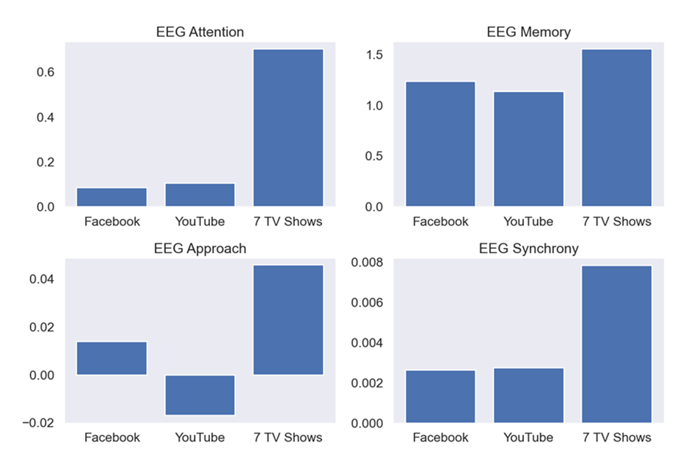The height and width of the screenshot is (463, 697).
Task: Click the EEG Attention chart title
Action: point(200,32)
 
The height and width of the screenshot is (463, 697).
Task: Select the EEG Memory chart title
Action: point(528,32)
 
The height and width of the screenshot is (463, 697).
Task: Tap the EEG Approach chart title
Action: point(200,249)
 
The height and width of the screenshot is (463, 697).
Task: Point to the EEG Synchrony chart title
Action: point(528,249)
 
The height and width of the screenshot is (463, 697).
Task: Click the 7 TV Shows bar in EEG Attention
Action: point(288,128)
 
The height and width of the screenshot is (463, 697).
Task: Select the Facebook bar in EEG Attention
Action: point(112,197)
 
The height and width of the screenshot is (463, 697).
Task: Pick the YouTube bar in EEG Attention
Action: point(200,195)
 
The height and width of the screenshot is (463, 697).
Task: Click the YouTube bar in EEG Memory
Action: point(528,149)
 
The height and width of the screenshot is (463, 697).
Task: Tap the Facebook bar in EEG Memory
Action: point(440,144)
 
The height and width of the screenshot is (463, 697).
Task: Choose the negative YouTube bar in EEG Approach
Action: point(200,395)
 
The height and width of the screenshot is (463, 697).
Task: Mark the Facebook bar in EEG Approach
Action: point(112,358)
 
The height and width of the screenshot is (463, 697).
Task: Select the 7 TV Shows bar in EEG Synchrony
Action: point(616,344)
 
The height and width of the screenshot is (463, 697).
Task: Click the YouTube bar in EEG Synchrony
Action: point(528,395)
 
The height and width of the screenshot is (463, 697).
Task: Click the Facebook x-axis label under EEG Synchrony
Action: point(440,438)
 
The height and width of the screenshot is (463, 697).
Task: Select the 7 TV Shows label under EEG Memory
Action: point(616,222)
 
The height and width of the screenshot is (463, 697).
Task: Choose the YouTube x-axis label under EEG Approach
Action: point(200,438)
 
